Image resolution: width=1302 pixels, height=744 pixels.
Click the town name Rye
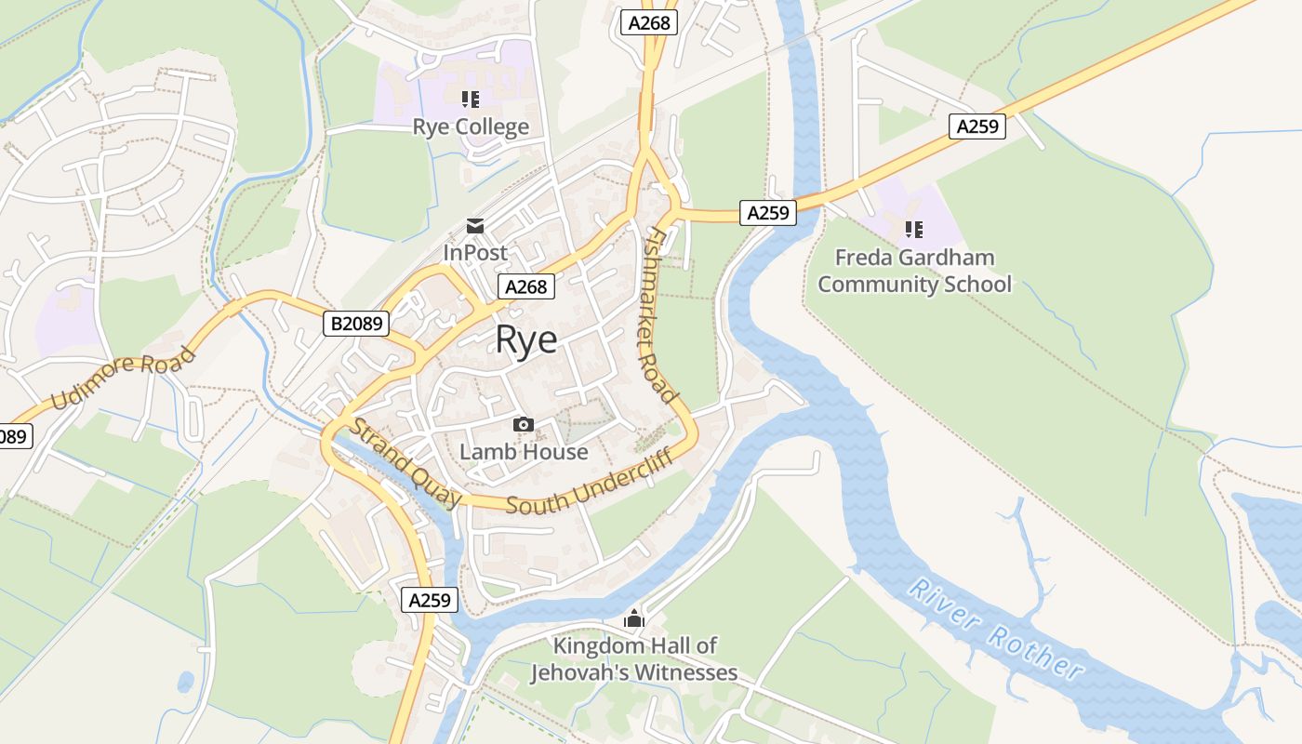click(526, 339)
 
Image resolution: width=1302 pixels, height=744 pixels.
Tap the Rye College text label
click(471, 126)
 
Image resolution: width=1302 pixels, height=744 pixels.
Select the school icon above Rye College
click(471, 99)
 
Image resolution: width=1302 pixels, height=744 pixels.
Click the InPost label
click(475, 252)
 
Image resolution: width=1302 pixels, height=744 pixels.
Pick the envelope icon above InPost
click(475, 226)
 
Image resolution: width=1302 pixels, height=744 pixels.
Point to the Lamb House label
click(524, 452)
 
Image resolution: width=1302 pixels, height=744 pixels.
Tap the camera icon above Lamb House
click(524, 425)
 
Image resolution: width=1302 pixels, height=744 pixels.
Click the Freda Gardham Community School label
click(914, 271)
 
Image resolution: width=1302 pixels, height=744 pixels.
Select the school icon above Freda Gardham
click(914, 229)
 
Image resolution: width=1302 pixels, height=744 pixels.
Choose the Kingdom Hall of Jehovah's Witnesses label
click(634, 658)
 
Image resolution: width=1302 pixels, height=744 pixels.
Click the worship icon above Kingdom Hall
click(634, 618)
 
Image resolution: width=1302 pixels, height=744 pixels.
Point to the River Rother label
click(996, 630)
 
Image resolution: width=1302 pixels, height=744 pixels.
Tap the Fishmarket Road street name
click(660, 314)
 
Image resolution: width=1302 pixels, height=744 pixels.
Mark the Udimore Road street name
click(124, 378)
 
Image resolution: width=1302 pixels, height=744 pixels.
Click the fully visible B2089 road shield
click(355, 324)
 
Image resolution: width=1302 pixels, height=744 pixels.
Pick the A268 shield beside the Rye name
click(526, 286)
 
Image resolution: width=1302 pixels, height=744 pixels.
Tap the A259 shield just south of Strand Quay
click(431, 600)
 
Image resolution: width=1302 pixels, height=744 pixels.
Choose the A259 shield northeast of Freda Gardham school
click(977, 126)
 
